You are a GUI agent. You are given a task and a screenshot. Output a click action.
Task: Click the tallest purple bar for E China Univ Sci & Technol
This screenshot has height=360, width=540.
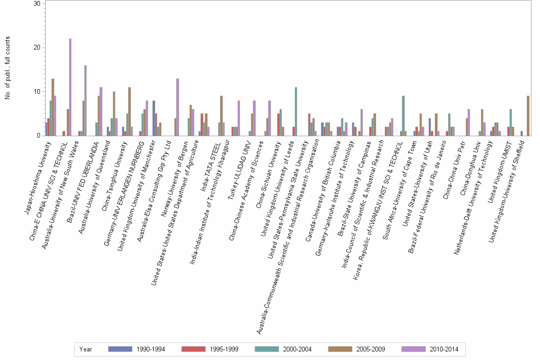click(70, 87)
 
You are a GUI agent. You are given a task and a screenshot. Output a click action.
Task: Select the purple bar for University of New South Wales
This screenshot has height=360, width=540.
click(85, 100)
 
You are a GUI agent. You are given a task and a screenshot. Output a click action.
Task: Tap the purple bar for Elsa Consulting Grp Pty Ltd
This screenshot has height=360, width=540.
click(177, 107)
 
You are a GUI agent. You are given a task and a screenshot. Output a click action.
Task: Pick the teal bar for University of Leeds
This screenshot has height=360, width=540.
click(296, 111)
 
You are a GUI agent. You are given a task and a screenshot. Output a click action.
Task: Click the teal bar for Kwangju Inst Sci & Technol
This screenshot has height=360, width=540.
click(403, 116)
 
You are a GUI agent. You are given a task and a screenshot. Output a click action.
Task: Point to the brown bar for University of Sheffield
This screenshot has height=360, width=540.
click(528, 116)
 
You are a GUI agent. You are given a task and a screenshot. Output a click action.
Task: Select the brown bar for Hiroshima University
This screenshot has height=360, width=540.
click(53, 107)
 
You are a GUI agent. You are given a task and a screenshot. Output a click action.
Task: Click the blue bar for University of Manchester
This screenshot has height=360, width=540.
click(154, 118)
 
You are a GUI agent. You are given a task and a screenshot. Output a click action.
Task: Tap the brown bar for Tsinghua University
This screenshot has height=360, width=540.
click(130, 111)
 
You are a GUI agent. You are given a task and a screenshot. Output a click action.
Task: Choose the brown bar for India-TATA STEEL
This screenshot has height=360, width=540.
click(221, 116)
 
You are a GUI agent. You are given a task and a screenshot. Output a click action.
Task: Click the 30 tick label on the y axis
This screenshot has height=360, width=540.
click(37, 3)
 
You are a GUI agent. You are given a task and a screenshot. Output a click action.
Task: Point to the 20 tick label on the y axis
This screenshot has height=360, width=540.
click(37, 48)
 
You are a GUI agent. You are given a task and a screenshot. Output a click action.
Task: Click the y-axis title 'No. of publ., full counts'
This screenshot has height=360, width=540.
click(8, 68)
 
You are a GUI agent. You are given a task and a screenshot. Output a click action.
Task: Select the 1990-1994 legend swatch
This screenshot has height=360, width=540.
click(120, 349)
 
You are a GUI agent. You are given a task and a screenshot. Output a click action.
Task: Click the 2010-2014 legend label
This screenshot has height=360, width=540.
click(444, 350)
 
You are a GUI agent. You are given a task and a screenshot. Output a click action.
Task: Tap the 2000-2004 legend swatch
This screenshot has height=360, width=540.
click(267, 349)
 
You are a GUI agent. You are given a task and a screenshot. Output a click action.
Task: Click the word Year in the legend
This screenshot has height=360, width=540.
click(86, 350)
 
